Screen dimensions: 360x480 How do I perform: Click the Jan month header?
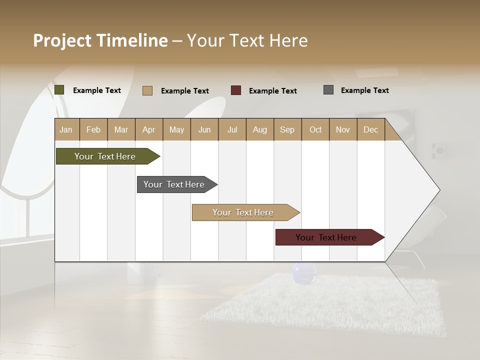pos(66,129)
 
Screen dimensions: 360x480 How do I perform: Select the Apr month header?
pos(149,129)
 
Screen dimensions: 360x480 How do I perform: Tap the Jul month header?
pos(232,129)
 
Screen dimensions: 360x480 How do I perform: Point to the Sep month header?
pos(287,129)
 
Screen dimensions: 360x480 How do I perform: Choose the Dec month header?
pos(370,129)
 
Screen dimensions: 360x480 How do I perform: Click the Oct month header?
pos(315,129)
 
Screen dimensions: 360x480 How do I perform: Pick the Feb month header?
pos(93,129)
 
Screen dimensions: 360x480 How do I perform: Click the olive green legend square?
pos(59,90)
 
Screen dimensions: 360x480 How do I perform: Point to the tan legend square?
pos(147,90)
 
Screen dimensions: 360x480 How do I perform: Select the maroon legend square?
pos(236,90)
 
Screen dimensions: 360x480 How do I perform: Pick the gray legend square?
pos(328,90)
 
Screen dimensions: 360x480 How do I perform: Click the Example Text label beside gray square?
pos(364,90)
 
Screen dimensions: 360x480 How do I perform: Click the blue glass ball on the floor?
pos(304,273)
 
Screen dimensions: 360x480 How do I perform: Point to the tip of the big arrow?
pos(439,190)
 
